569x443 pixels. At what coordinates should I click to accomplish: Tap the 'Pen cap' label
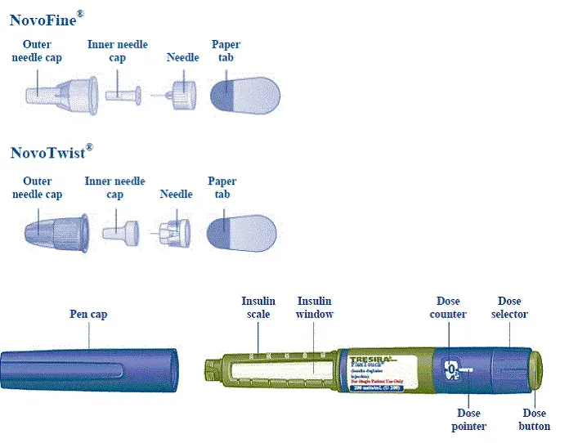point(88,314)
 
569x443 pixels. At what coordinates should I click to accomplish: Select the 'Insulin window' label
point(314,307)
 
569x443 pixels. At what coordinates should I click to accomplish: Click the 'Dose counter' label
point(451,307)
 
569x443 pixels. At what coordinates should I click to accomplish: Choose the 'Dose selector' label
point(510,307)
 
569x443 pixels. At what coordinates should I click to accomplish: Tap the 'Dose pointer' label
point(469,419)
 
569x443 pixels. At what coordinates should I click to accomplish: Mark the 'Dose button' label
point(535,419)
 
